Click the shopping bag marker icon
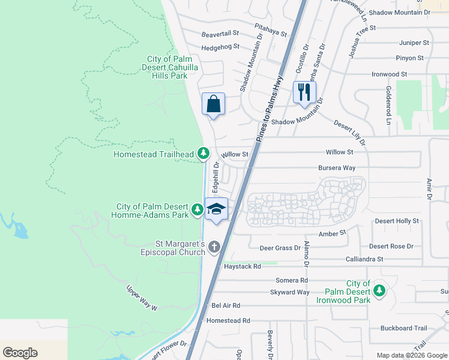click(x=213, y=104)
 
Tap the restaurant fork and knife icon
click(x=304, y=92)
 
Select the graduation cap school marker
click(x=216, y=209)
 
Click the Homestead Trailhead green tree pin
click(x=204, y=154)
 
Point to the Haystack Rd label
click(x=242, y=266)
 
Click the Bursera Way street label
click(x=337, y=168)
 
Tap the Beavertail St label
click(x=220, y=34)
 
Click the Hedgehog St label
click(x=220, y=47)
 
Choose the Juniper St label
click(x=414, y=43)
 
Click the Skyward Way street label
click(x=290, y=292)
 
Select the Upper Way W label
click(x=142, y=297)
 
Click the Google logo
click(x=20, y=353)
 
